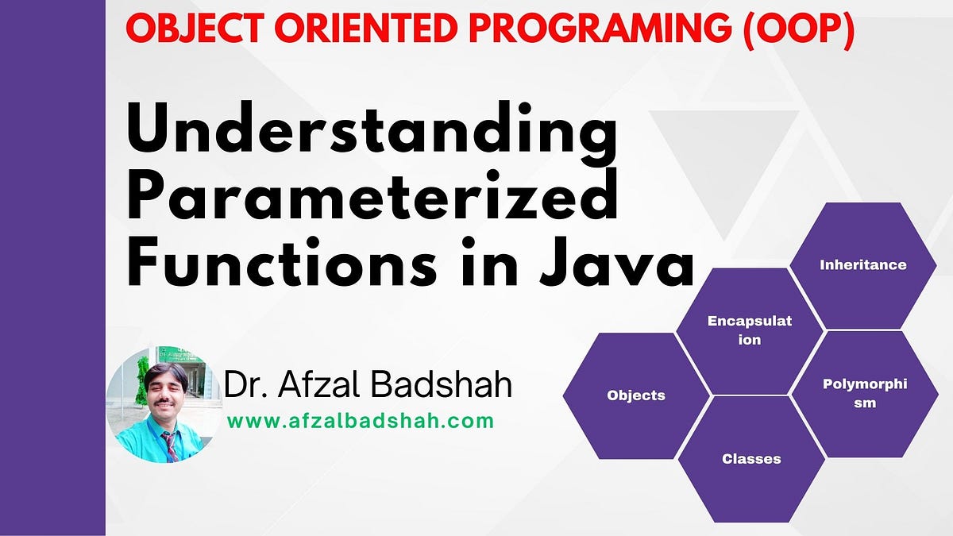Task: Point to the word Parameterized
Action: coord(372,195)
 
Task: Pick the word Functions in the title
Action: coord(282,260)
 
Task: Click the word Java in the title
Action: coord(617,261)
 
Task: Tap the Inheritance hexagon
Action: coord(862,265)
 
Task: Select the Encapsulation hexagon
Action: coord(749,331)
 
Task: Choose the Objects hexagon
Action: coord(636,395)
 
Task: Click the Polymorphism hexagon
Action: coord(865,394)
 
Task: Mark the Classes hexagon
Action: coord(751,459)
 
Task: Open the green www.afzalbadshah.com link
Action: coord(361,421)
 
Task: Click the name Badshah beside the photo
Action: coord(442,384)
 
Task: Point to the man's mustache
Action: coord(165,402)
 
